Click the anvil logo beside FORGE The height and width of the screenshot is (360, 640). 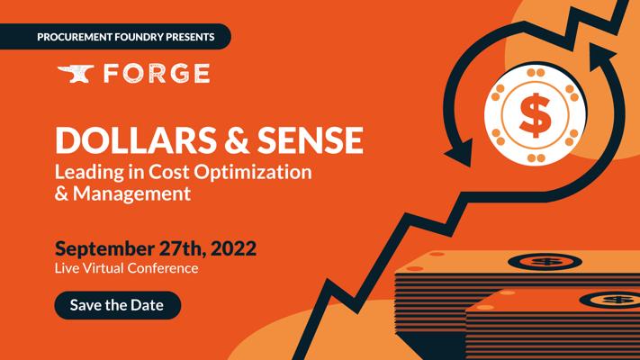pos(76,74)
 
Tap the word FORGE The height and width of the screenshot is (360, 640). pos(157,74)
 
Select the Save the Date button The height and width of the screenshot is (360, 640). pos(118,305)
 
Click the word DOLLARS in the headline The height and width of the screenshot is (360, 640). pos(136,139)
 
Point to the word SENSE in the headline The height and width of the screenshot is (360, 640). pos(311,139)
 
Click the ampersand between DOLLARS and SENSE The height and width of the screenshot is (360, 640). pos(237,139)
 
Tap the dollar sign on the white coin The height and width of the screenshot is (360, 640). pos(535,115)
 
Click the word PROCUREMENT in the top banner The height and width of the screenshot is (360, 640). pos(75,37)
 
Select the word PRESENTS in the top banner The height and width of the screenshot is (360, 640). pos(190,37)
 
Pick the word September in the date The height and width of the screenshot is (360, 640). pos(104,249)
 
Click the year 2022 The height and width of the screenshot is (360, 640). pos(233,248)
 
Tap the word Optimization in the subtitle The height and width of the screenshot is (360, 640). pos(253,172)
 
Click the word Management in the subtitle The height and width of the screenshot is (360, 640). pos(131,193)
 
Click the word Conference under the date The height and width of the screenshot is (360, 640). pos(162,268)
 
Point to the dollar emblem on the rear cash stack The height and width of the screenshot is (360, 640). pos(545,262)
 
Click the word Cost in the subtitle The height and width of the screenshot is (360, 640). pos(169,172)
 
